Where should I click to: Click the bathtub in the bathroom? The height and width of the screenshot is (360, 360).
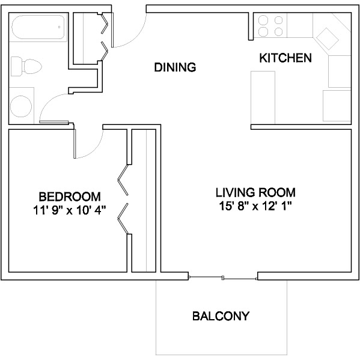point(38,27)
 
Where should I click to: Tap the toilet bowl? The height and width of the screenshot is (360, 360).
point(32,66)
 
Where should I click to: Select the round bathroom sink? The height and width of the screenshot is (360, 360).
point(21,106)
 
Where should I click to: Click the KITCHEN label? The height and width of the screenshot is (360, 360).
point(285,58)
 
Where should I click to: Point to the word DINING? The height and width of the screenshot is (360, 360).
point(175,67)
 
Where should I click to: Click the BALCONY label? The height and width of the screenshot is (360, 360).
point(221,316)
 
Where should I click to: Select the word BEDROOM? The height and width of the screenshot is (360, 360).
point(70,197)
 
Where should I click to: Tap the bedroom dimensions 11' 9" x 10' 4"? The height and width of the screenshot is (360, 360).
point(70,210)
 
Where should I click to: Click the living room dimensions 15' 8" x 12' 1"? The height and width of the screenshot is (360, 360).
point(255,206)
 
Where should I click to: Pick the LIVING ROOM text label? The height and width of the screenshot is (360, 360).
point(255,192)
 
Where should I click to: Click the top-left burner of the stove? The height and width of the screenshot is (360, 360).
point(263,20)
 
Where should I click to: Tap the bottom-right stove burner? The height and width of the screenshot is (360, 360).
point(278,31)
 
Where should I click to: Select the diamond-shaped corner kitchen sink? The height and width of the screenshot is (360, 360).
point(328,38)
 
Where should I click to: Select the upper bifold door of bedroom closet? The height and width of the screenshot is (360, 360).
point(123,180)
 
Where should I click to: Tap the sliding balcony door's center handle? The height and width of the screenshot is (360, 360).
point(223,278)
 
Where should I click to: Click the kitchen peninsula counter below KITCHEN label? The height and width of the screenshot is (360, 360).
point(263,98)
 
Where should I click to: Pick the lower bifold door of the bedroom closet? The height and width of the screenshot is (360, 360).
point(123,219)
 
